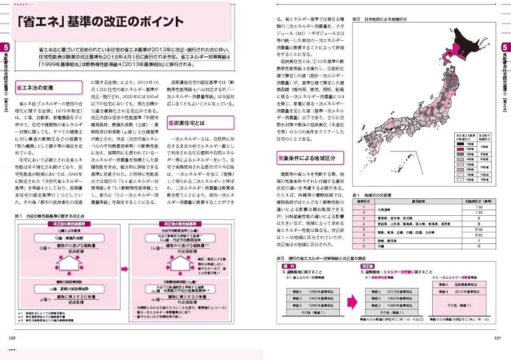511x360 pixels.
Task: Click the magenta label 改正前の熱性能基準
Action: [x=69, y=224]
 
